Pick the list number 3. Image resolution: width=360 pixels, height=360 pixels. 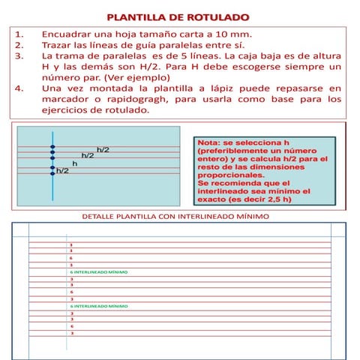coord(19,57)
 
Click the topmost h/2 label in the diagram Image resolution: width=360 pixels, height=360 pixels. coord(103,150)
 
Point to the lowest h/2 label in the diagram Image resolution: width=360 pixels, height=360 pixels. coord(63,171)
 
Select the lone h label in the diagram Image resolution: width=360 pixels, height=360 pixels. coord(74,163)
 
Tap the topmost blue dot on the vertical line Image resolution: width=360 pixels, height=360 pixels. coord(52,146)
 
